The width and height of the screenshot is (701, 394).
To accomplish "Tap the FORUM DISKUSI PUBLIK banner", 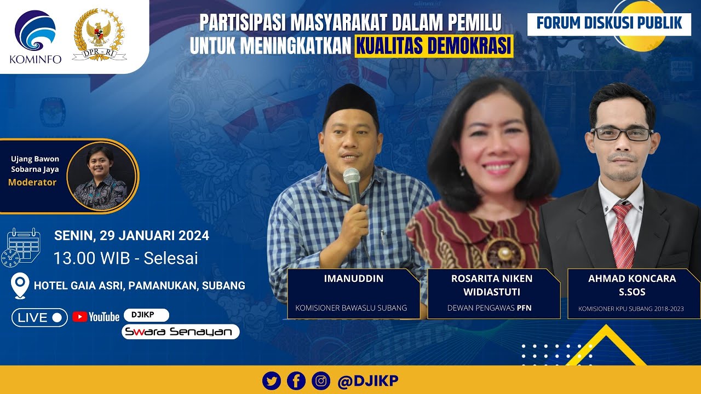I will [609, 23].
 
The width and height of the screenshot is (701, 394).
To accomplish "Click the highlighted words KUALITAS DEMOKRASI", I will [434, 47].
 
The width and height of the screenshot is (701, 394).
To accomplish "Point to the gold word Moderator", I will [32, 182].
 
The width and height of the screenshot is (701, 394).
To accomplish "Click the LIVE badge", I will [39, 317].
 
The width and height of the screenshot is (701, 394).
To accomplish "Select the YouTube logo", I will [96, 317].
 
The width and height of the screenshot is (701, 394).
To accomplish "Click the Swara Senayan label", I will [180, 332].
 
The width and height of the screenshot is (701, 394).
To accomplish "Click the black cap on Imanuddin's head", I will [350, 101].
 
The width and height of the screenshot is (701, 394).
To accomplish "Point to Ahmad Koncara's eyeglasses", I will [622, 133].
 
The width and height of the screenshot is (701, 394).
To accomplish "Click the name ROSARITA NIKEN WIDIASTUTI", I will [492, 284].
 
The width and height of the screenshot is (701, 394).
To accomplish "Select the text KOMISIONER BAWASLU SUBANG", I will [351, 308].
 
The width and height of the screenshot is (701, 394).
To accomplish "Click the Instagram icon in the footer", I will [321, 380].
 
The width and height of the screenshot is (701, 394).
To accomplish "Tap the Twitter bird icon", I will [272, 380].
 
